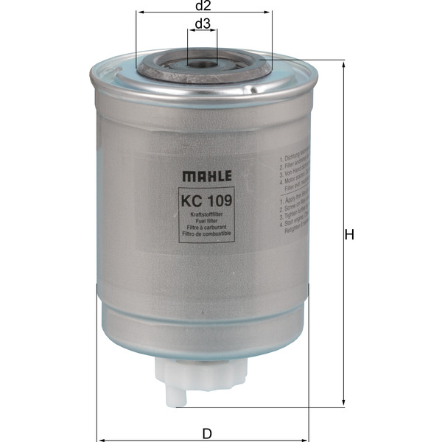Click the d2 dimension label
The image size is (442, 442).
pyautogui.click(x=204, y=6)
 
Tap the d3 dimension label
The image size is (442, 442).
pyautogui.click(x=203, y=24)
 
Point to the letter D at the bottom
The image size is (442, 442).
pyautogui.click(x=207, y=433)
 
